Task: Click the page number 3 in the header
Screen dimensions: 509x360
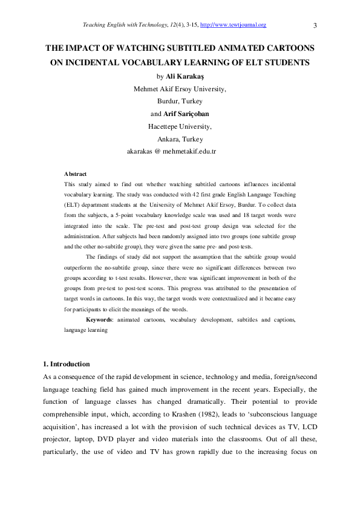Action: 316,25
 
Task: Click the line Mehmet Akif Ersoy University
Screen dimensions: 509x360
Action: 180,89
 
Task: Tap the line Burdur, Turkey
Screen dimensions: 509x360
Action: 180,102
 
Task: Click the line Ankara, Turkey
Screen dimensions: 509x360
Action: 180,139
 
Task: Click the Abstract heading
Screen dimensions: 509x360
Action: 76,174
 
